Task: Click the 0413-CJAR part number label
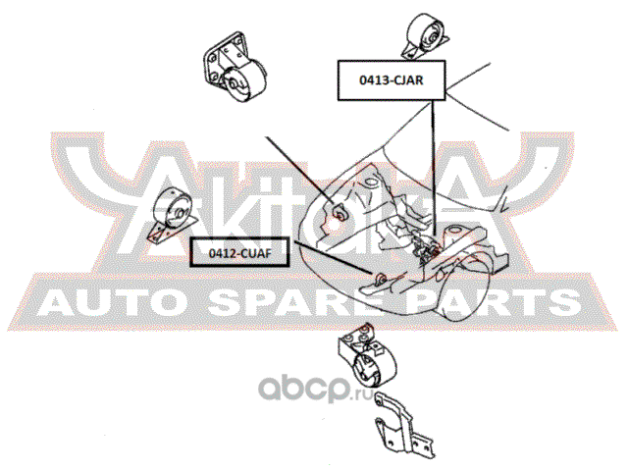pyautogui.click(x=392, y=80)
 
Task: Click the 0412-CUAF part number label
pyautogui.click(x=239, y=253)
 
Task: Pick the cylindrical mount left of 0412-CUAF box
pyautogui.click(x=173, y=216)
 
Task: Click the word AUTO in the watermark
pyautogui.click(x=110, y=303)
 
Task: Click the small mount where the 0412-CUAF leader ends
pyautogui.click(x=380, y=278)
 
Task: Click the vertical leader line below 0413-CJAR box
pyautogui.click(x=433, y=168)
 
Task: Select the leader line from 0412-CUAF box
pyautogui.click(x=334, y=258)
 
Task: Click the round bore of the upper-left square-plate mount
pyautogui.click(x=233, y=84)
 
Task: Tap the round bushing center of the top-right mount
pyautogui.click(x=432, y=38)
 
